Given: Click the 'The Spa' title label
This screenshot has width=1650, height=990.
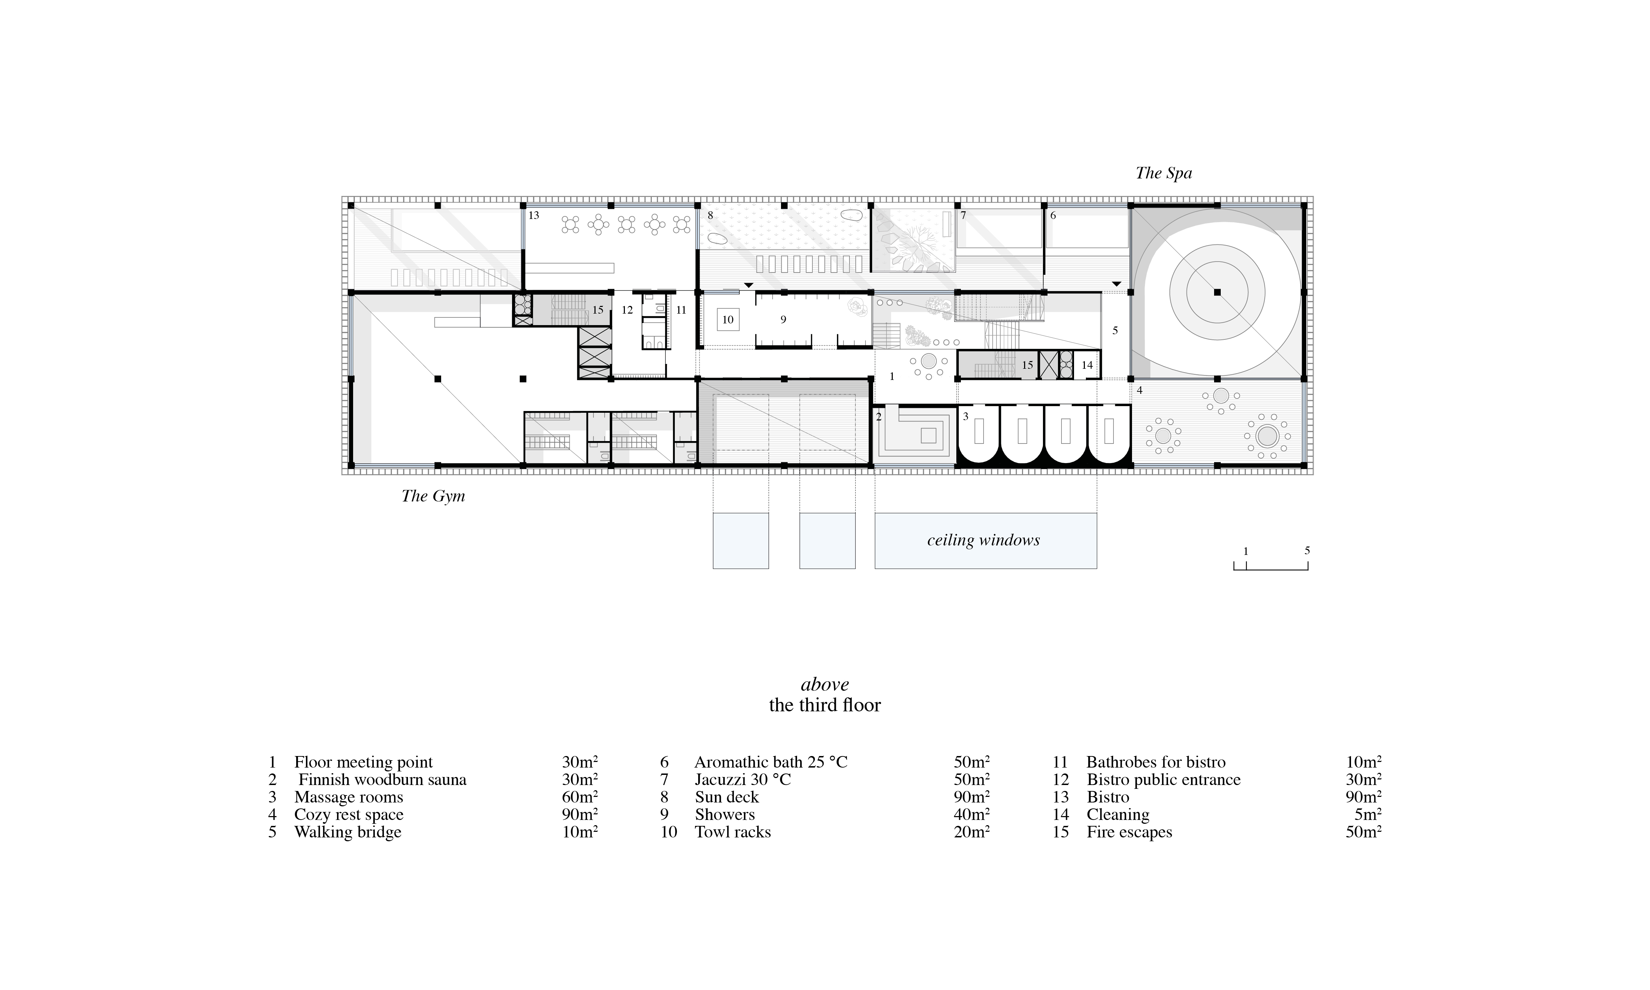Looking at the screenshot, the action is pos(1163,174).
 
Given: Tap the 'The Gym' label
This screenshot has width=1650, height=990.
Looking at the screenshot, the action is pos(433,496).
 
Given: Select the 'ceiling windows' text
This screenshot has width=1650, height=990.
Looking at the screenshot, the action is pos(984,540).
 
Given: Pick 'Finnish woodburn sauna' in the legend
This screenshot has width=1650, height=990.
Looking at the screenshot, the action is pos(382,780).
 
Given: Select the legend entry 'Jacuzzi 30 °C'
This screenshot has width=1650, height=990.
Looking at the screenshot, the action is pos(743,780).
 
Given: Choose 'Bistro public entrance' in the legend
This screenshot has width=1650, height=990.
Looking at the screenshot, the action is pos(1163,780).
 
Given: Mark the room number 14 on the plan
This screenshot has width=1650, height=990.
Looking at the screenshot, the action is pos(1088,365).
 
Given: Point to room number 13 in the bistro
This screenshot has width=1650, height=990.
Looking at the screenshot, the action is pos(534,215).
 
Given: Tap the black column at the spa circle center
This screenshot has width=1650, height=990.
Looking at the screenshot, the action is pos(1217,292).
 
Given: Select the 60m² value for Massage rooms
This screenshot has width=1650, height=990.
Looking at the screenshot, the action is pos(580,797).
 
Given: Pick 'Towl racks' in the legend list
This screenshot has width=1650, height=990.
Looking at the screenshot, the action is pos(732,833).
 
